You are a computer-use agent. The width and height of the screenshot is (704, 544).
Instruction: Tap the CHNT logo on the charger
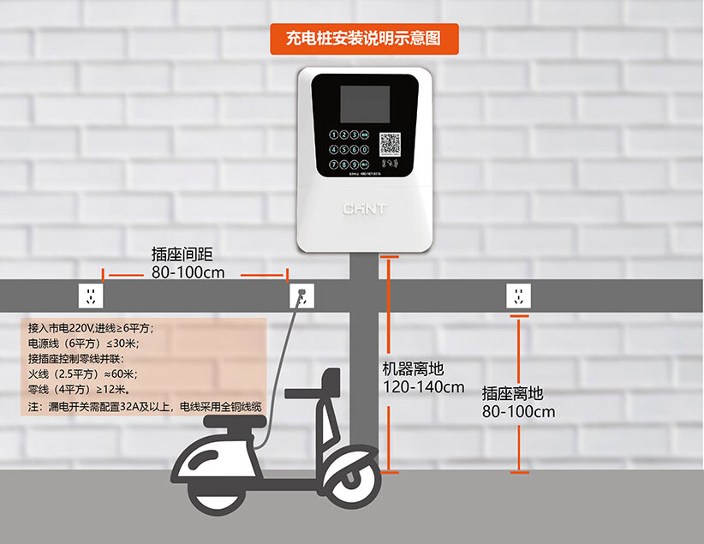click(365, 208)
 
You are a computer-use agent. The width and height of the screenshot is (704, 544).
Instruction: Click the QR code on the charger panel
click(391, 146)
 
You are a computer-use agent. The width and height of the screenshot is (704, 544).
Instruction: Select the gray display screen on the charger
click(365, 104)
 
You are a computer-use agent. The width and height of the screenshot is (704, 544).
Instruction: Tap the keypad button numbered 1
click(333, 135)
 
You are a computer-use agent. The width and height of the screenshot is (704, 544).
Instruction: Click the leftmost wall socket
click(92, 296)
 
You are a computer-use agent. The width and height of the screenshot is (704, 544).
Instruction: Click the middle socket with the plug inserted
click(301, 296)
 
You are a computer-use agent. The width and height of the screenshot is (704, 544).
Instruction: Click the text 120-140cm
click(423, 387)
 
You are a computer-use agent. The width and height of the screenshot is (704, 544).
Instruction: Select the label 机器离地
click(413, 369)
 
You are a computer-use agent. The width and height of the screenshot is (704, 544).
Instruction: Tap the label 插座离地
click(512, 393)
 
